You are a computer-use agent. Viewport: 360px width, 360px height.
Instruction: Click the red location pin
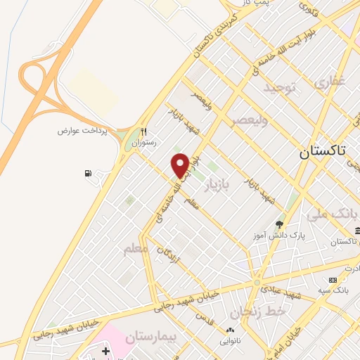(x=180, y=165)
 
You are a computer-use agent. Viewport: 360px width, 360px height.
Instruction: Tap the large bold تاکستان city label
(x=323, y=151)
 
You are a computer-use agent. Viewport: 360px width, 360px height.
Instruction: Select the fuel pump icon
(x=87, y=174)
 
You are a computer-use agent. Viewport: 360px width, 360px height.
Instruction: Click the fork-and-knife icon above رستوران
(x=143, y=131)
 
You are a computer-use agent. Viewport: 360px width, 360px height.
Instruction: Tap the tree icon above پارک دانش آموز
(x=280, y=225)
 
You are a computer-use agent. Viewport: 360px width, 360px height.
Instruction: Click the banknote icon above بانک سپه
(x=333, y=280)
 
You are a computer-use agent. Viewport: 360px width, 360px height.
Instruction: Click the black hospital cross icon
(x=106, y=350)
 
